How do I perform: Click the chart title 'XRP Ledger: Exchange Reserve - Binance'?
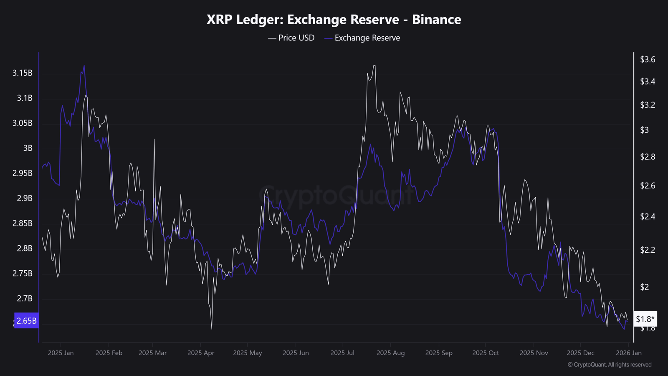coord(334,19)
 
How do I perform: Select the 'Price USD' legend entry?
coord(291,38)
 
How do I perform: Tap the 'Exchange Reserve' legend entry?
coord(362,38)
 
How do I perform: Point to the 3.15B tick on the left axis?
coord(23,73)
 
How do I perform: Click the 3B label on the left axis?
coord(28,148)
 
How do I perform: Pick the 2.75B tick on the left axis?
coord(23,274)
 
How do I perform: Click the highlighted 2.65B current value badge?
coord(27,320)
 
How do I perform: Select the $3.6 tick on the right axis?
coord(648,60)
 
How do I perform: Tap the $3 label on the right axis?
coord(645,130)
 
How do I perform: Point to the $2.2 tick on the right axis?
coord(648,250)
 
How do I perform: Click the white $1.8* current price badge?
coord(645,319)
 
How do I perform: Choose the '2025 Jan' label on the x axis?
coord(61,353)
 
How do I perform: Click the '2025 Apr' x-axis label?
coord(201,353)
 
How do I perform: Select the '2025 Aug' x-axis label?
coord(390,353)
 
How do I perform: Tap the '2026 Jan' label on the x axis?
coord(629,353)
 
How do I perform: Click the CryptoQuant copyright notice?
coord(609,365)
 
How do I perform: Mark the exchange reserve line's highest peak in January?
coord(84,65)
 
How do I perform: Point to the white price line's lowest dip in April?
coord(212,329)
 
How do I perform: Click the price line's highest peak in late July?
coord(374,66)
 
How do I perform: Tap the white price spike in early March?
coord(154,139)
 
